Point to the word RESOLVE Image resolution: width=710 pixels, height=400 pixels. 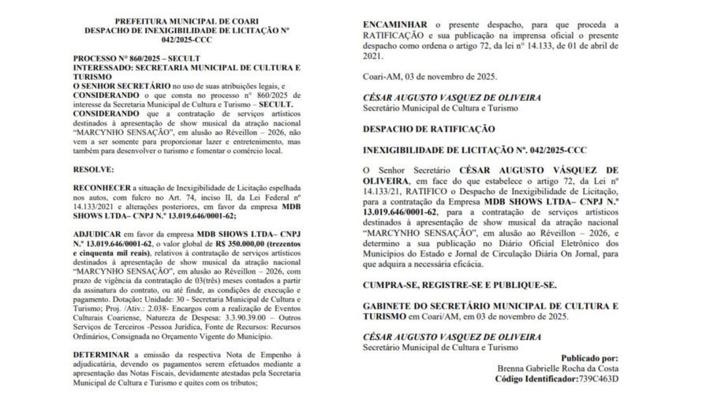pos(94,169)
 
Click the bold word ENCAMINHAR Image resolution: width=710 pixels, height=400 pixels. pos(396,25)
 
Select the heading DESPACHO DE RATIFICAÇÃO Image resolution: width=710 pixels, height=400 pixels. pos(428,129)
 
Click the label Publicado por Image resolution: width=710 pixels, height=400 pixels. pos(590,357)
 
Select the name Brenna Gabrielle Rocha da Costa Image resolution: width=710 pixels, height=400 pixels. pos(558,368)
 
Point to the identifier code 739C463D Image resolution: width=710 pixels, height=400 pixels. pos(596,379)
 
